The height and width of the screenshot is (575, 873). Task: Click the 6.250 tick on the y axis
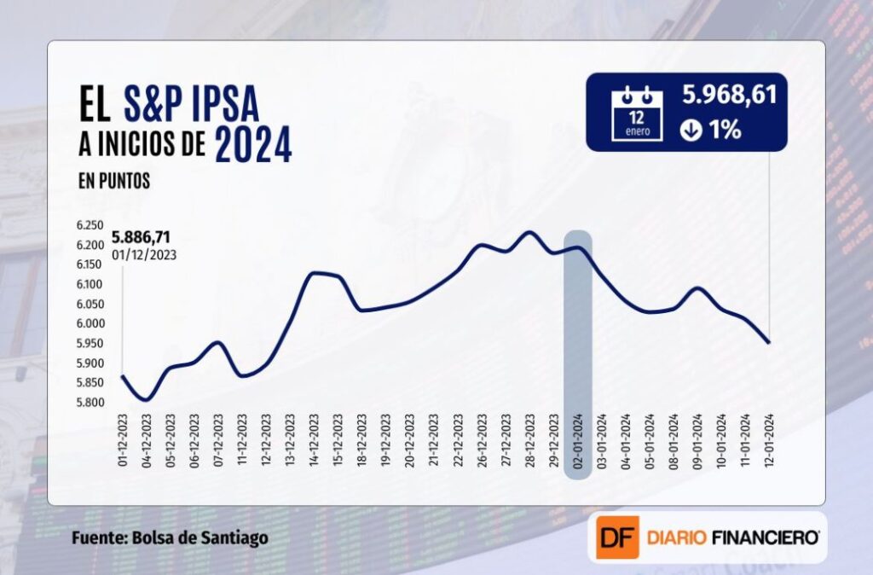pos(89,226)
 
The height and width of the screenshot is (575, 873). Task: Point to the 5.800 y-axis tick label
pos(89,402)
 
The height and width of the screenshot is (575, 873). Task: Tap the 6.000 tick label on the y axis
pos(89,324)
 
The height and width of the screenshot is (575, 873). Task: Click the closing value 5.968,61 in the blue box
pos(729,96)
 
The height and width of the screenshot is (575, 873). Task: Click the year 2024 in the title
pos(253,145)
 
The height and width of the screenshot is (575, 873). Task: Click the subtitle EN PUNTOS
pos(113,181)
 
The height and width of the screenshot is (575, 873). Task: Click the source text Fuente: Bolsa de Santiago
pos(170,538)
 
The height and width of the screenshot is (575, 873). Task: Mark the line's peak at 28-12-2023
pos(529,232)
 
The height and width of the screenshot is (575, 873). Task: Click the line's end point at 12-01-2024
pos(769,343)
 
